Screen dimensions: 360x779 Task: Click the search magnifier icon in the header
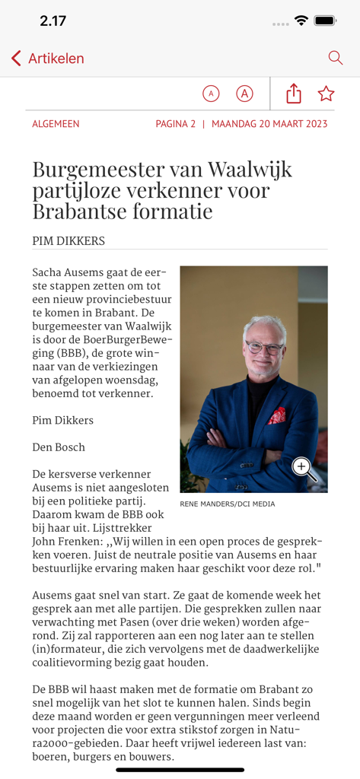(335, 58)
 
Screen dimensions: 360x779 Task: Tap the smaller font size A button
(211, 94)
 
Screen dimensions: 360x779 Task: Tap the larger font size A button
(244, 94)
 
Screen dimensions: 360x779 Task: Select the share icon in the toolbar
(294, 94)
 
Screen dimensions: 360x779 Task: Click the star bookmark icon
(327, 94)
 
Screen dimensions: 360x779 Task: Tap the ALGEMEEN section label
(56, 124)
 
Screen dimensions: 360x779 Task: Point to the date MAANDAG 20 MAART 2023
(269, 124)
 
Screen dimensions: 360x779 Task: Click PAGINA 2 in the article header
(176, 124)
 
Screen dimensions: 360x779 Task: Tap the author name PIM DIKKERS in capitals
(68, 241)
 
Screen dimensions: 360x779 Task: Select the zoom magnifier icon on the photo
(303, 468)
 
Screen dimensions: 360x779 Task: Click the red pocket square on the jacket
(277, 415)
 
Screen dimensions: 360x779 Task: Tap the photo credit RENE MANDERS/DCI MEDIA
(228, 504)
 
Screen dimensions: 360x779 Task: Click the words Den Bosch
(59, 447)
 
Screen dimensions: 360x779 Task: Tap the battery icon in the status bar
(325, 21)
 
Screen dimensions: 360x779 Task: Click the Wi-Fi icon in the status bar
(301, 21)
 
